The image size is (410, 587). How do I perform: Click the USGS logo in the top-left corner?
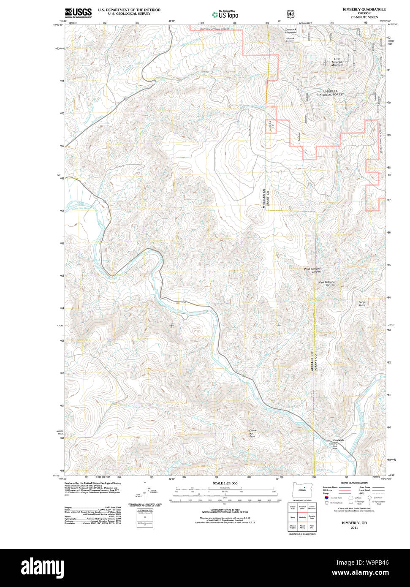pyautogui.click(x=78, y=13)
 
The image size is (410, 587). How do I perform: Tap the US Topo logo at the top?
pyautogui.click(x=225, y=14)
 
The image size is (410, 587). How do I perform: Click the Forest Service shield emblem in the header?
pyautogui.click(x=290, y=14)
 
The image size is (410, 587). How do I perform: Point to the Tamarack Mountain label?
pyautogui.click(x=291, y=31)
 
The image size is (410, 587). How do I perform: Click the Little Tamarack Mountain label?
pyautogui.click(x=337, y=62)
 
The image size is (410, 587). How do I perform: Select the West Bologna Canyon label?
pyautogui.click(x=313, y=270)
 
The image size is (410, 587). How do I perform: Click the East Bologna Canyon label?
pyautogui.click(x=327, y=283)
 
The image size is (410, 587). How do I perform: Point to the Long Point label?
pyautogui.click(x=362, y=304)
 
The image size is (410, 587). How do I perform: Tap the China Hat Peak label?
pyautogui.click(x=252, y=433)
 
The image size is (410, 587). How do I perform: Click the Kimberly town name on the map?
pyautogui.click(x=338, y=440)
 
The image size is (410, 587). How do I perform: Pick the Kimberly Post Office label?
pyautogui.click(x=333, y=446)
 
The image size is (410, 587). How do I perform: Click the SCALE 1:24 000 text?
pyautogui.click(x=225, y=483)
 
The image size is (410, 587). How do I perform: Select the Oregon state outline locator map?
pyautogui.click(x=302, y=489)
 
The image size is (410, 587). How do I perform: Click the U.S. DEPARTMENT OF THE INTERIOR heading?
pyautogui.click(x=123, y=10)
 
